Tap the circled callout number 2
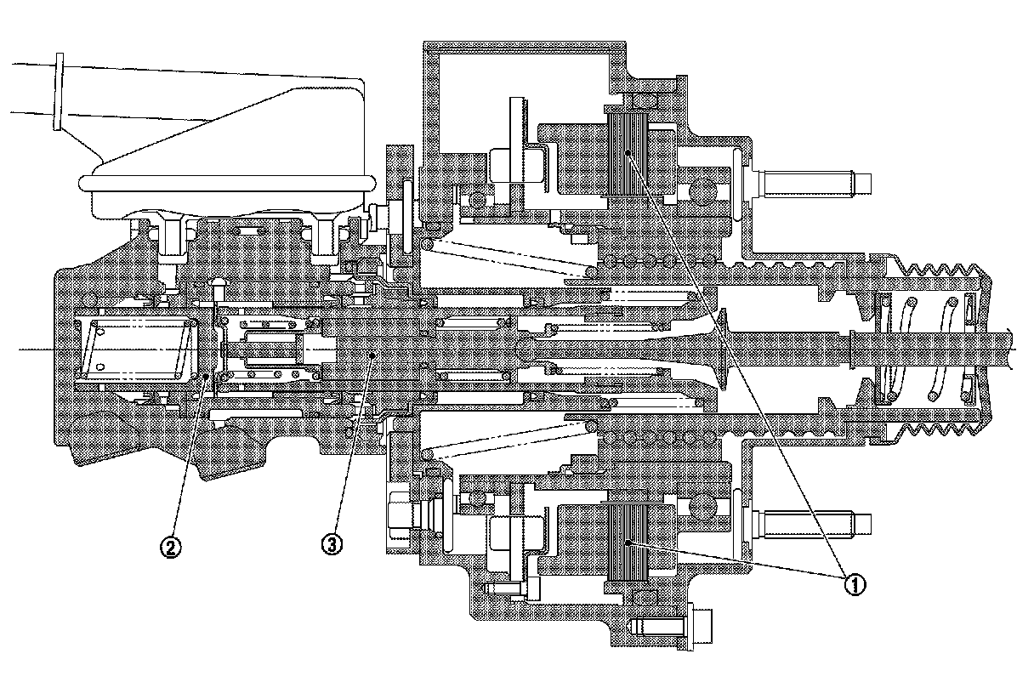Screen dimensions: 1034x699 point(170,547)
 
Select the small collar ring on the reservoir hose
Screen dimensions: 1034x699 point(59,92)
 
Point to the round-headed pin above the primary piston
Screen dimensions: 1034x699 point(219,287)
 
